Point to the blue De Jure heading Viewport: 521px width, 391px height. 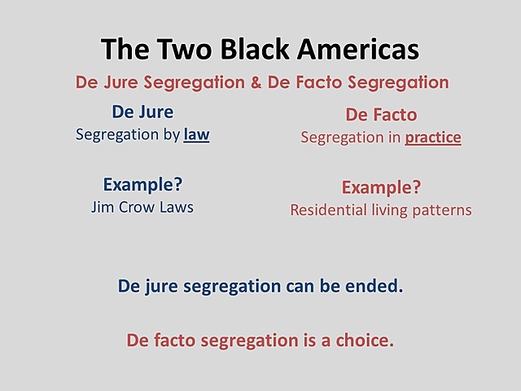click(x=142, y=112)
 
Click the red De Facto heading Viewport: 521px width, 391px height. click(x=381, y=116)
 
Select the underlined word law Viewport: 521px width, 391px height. click(x=196, y=134)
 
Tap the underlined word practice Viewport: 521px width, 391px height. click(x=434, y=138)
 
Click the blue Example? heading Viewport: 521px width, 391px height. click(x=142, y=184)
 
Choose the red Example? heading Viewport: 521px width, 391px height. click(x=381, y=187)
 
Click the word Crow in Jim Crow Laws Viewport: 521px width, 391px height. click(x=143, y=207)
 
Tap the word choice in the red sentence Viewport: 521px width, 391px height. click(x=367, y=340)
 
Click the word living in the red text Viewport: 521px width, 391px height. click(x=389, y=210)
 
